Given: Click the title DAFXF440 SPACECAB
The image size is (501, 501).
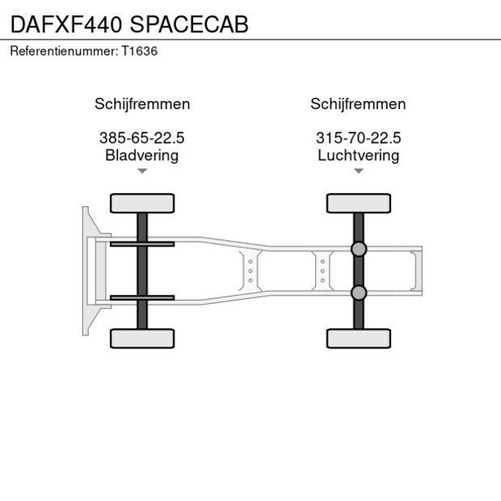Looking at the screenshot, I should (129, 23).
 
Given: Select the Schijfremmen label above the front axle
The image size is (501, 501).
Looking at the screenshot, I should (142, 104).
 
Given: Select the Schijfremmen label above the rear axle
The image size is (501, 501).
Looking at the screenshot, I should (358, 104).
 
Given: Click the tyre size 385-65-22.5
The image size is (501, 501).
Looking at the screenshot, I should (142, 138).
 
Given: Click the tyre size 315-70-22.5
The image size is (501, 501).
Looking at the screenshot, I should (358, 138).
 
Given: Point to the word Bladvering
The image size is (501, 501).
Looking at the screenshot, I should (142, 155).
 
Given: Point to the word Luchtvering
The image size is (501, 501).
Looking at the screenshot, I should (358, 155).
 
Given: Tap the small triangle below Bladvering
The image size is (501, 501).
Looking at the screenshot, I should (142, 171).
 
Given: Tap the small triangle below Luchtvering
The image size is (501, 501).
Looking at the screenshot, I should (358, 171).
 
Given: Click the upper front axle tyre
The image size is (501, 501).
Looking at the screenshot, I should (142, 203).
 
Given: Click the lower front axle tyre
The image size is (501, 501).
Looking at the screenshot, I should (142, 338).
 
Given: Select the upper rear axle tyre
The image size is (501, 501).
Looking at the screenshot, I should (358, 203).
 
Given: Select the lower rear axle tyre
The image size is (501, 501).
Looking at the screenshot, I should (358, 338).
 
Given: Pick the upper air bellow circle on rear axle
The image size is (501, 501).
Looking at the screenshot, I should (358, 250).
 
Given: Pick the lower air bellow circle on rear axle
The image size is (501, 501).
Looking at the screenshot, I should (358, 292).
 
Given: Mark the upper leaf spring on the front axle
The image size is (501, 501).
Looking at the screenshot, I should (142, 244).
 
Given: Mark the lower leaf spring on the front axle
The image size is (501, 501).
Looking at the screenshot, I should (142, 297).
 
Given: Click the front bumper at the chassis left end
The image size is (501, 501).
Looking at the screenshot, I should (86, 271).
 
